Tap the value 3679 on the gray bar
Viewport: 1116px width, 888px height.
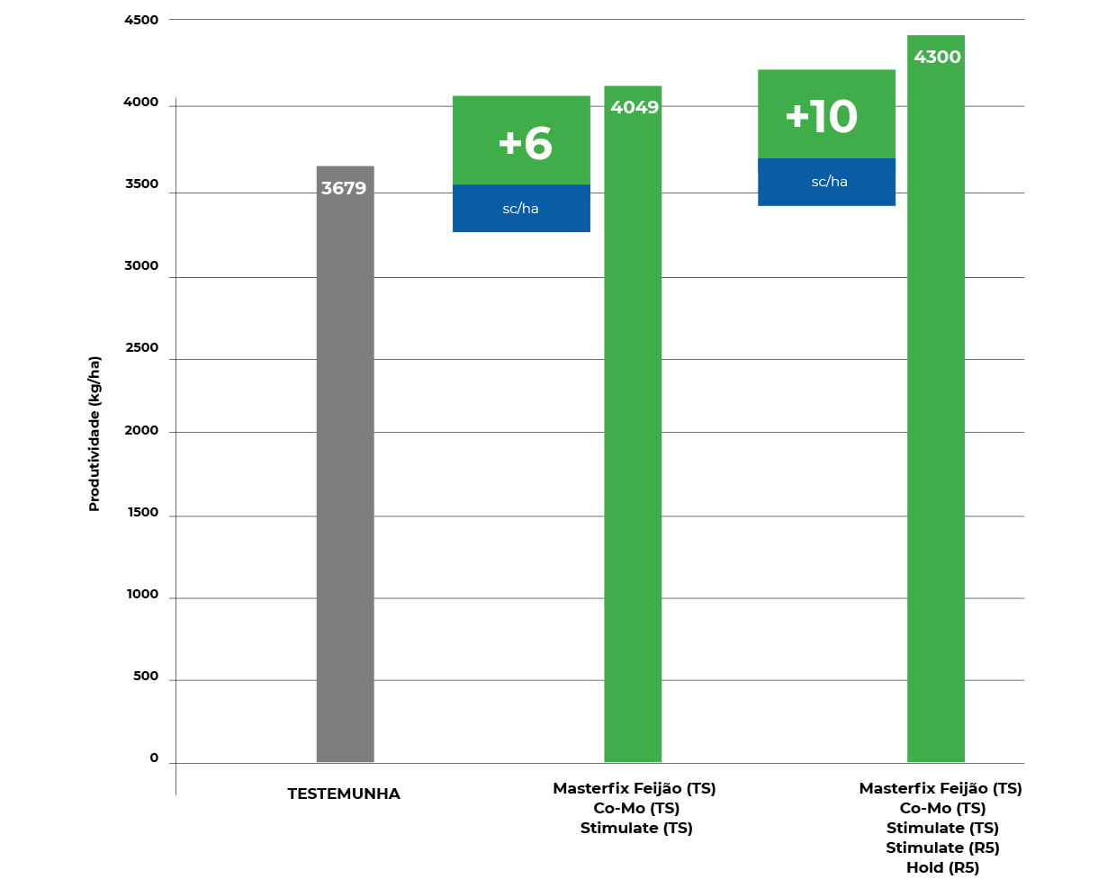coord(344,188)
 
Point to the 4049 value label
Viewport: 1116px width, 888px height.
coord(634,107)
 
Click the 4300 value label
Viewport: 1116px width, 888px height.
coord(937,57)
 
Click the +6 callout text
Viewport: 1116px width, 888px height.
coord(525,143)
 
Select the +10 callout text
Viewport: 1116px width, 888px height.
coord(822,116)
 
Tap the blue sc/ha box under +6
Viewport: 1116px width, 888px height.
coord(521,209)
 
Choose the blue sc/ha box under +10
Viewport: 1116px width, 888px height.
coord(827,182)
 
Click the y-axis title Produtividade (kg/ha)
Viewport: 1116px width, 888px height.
coord(94,434)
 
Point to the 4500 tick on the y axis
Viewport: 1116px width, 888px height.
coord(141,20)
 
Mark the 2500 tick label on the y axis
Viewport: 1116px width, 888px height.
coord(141,347)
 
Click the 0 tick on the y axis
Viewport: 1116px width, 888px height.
coord(154,758)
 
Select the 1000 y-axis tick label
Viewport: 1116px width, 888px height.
coord(142,594)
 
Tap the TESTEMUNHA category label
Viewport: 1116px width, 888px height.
coord(344,794)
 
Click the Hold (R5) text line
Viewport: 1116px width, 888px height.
coord(942,867)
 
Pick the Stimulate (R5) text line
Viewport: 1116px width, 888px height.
coord(942,848)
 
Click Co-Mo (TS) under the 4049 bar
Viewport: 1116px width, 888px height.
coord(636,808)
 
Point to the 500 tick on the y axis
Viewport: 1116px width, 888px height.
coord(146,676)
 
